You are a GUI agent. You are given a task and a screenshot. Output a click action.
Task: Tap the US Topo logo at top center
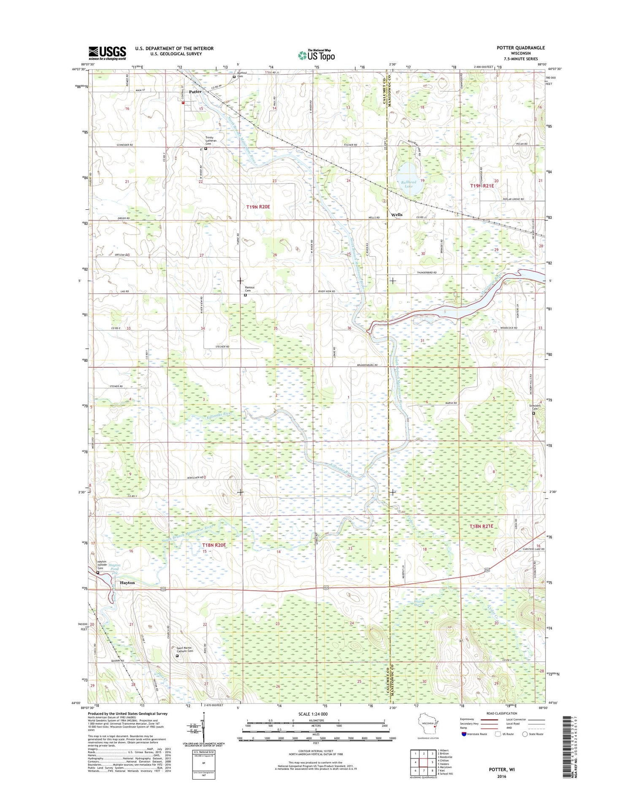pos(316,55)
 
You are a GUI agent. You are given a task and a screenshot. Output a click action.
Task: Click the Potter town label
pos(195,92)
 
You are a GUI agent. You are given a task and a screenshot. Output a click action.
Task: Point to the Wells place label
pos(397,214)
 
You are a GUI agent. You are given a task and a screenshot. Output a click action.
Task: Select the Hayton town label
pos(127,582)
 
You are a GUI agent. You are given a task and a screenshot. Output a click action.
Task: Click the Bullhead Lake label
pos(408,184)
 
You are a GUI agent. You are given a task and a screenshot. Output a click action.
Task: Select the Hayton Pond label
pos(114,567)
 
